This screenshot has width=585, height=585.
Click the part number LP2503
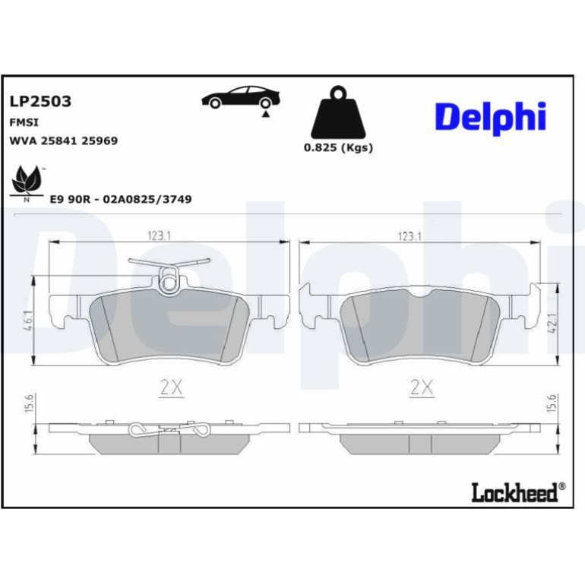click(x=40, y=101)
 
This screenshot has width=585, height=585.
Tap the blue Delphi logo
click(x=491, y=118)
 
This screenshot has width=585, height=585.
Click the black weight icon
click(x=338, y=112)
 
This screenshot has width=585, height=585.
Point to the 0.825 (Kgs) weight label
click(x=338, y=147)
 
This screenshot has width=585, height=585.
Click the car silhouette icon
click(x=241, y=99)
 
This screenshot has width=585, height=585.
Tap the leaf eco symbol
click(x=26, y=182)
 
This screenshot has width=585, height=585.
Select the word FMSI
click(x=24, y=122)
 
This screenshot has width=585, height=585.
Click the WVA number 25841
click(x=58, y=141)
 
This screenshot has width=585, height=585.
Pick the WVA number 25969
click(x=100, y=141)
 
